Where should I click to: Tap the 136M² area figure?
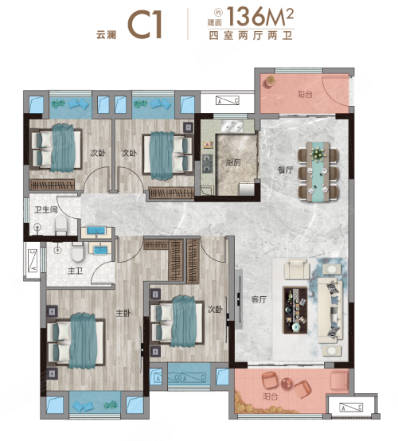click(260, 16)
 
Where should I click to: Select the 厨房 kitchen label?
click(233, 162)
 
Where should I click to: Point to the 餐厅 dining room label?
click(285, 170)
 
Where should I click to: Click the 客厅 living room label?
click(259, 299)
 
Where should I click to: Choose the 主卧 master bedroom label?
click(123, 313)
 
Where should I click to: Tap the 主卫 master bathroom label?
click(75, 271)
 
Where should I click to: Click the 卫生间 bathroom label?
click(46, 209)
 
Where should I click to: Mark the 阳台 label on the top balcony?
click(305, 94)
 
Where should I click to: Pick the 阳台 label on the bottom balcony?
click(271, 396)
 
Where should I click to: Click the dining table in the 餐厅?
click(318, 172)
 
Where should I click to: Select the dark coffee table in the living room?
click(295, 310)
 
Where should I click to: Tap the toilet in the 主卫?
click(78, 251)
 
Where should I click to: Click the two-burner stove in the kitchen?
click(207, 163)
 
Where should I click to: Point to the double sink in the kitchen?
click(232, 126)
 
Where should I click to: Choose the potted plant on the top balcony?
click(270, 81)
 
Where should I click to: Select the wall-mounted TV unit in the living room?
click(239, 299)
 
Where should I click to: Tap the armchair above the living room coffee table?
click(297, 269)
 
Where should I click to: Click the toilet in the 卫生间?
click(61, 225)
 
